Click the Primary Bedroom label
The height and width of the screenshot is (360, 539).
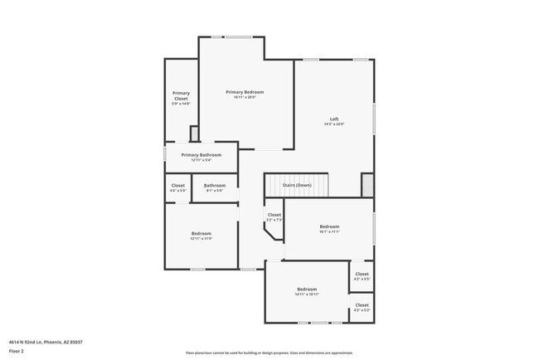[x=245, y=91]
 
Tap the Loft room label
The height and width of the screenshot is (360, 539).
[x=334, y=119]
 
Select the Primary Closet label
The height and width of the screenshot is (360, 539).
[x=181, y=95]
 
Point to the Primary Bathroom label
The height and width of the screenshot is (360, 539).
[x=201, y=155]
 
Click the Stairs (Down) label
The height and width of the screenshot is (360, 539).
[x=296, y=185]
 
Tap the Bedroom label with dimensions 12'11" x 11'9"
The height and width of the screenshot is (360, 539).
[x=202, y=233]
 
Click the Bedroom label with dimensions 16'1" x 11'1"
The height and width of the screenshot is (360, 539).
[x=330, y=226]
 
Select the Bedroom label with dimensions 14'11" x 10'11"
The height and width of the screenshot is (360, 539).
[x=307, y=289]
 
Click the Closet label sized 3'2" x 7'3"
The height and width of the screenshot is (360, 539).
[x=274, y=215]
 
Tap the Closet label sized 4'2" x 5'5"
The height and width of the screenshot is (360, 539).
[x=362, y=274]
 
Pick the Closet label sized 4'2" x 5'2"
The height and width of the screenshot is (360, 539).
[x=362, y=305]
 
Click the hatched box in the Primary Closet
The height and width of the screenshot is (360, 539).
[x=194, y=134]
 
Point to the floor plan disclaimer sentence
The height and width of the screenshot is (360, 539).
[x=269, y=352]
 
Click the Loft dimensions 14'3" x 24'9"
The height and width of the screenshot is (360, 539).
[x=334, y=124]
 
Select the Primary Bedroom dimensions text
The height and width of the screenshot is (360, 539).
[x=245, y=97]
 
